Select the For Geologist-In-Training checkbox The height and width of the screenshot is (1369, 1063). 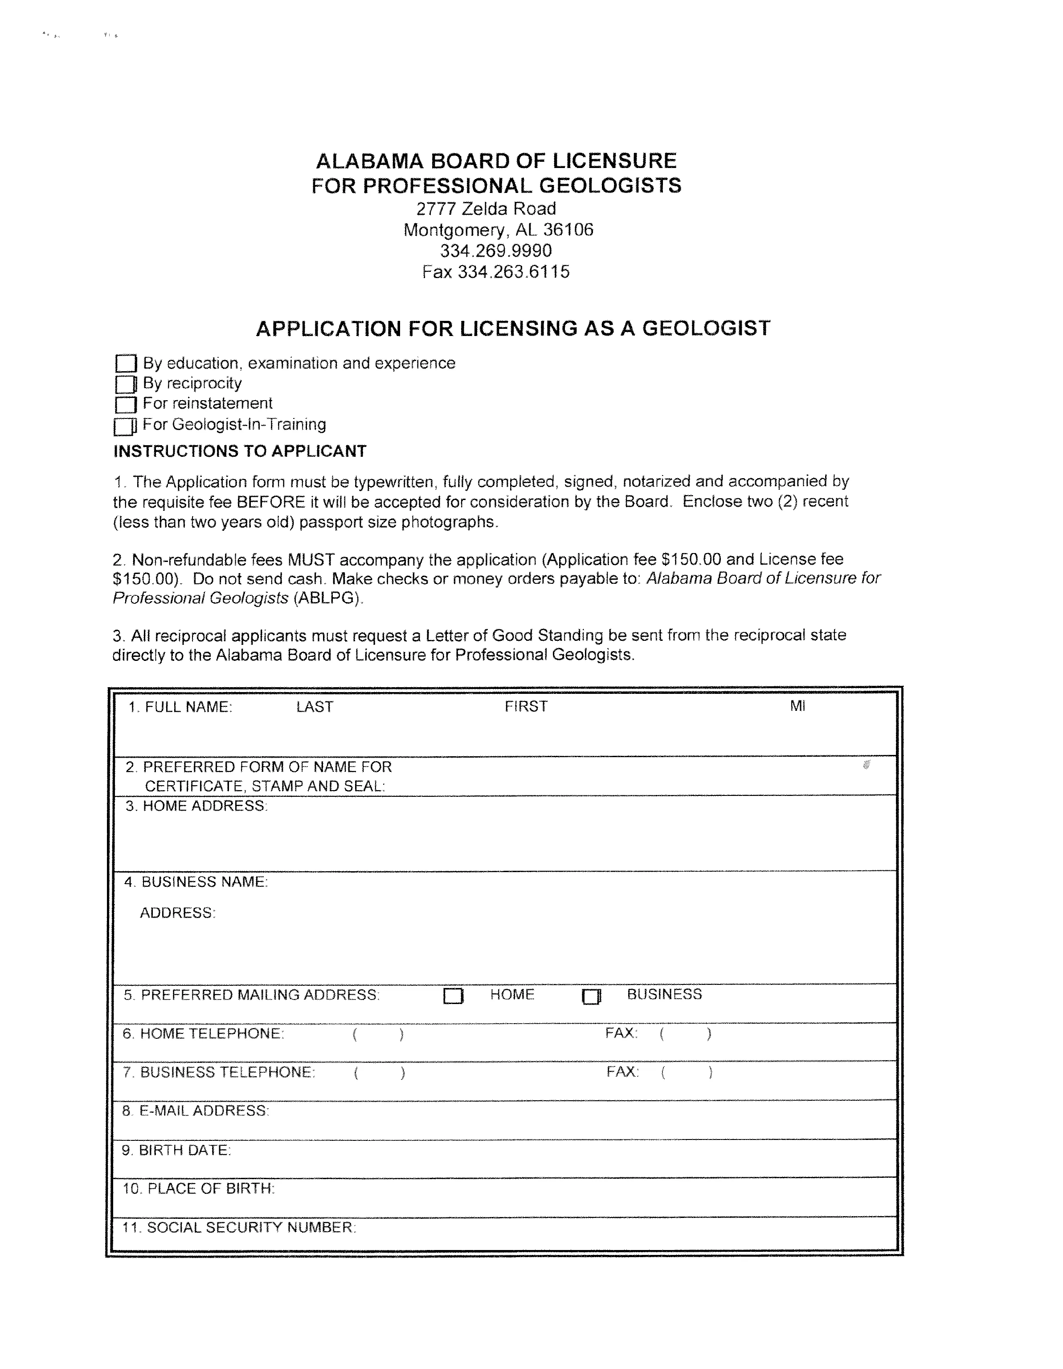[124, 426]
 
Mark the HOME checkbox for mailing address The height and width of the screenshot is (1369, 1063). [453, 996]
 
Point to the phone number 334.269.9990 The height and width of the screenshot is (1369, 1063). [496, 251]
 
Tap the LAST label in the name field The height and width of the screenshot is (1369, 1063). [315, 707]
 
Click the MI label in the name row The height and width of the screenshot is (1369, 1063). [797, 706]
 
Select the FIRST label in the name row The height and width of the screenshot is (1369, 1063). [526, 706]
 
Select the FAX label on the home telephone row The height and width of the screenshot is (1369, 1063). [621, 1033]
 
